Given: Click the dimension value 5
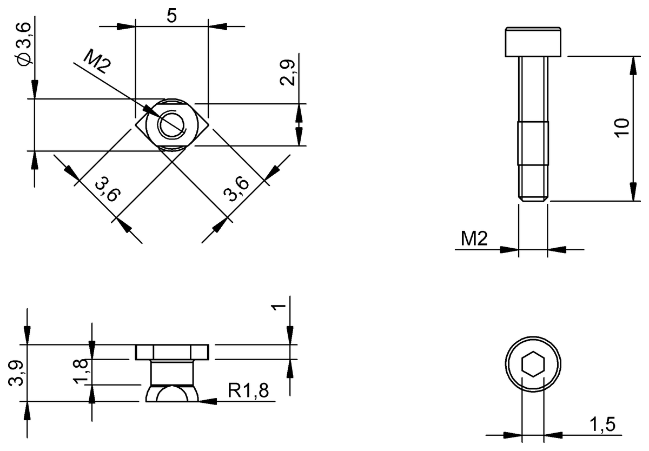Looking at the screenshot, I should [x=171, y=16].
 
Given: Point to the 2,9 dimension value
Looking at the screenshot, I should [x=289, y=72].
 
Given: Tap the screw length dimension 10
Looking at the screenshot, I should [x=622, y=128].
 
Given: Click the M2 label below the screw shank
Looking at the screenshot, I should [x=474, y=238].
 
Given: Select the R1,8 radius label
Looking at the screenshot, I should [x=248, y=390].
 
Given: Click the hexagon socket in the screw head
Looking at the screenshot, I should [x=533, y=366].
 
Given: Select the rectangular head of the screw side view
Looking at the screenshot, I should [x=533, y=42].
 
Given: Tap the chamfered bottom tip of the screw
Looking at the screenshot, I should [x=533, y=200].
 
